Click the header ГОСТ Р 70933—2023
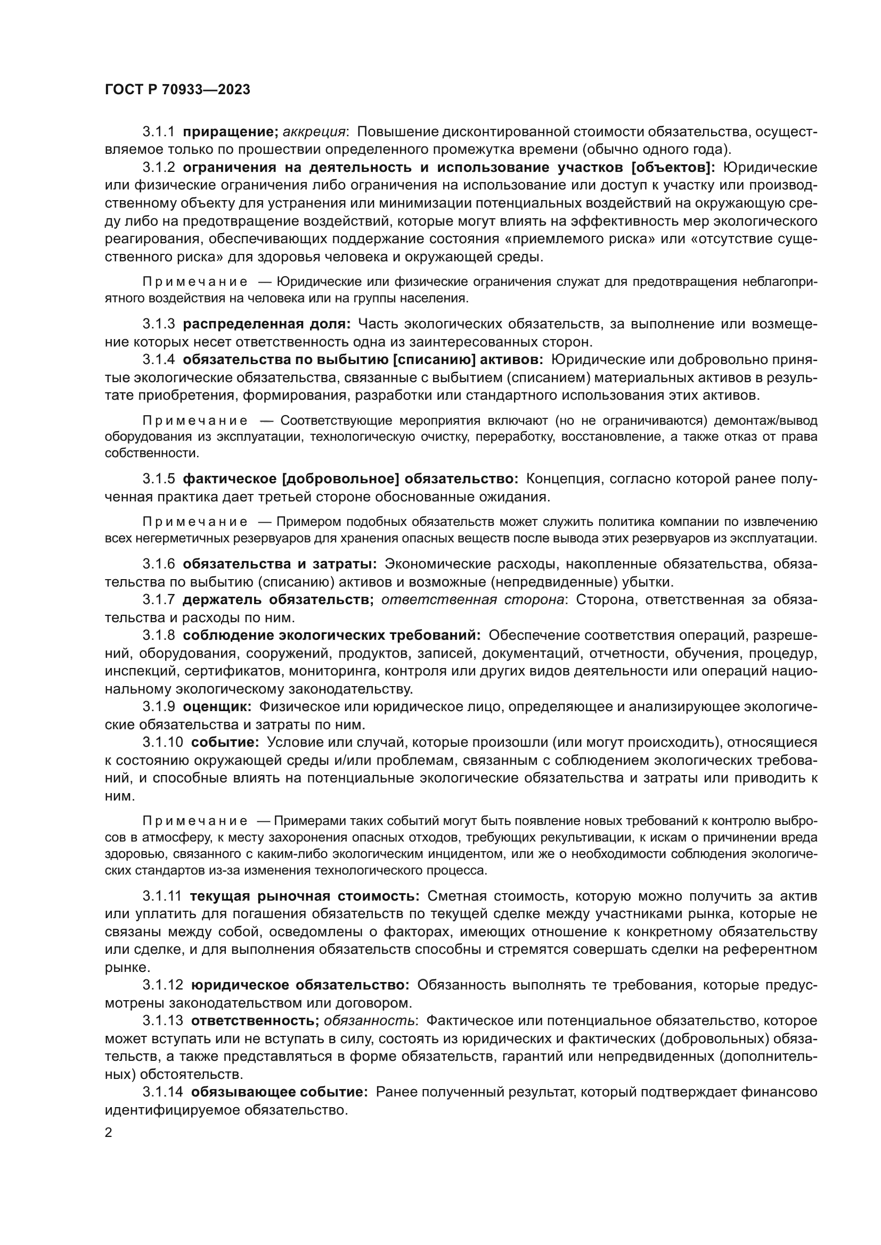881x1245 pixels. pos(177,89)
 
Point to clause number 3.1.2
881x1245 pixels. pos(158,168)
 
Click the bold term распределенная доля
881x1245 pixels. pos(266,324)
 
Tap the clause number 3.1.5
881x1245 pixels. pos(158,479)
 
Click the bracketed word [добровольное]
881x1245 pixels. pos(341,479)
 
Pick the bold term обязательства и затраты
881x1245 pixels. pos(280,564)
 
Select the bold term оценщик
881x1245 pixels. pos(217,706)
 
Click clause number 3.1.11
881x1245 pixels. pos(162,895)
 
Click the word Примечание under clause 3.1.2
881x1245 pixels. pos(195,282)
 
